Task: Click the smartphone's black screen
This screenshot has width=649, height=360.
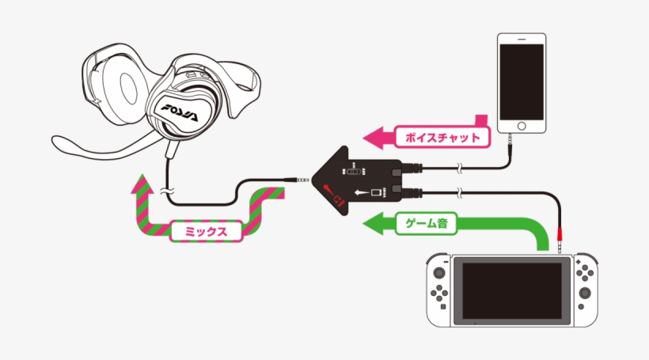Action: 522,81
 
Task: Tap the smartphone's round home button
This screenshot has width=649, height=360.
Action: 522,127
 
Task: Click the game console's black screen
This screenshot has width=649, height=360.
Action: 513,290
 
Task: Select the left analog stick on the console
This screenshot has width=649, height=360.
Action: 441,275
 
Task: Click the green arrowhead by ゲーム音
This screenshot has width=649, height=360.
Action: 371,225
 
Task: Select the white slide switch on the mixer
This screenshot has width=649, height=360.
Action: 355,172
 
